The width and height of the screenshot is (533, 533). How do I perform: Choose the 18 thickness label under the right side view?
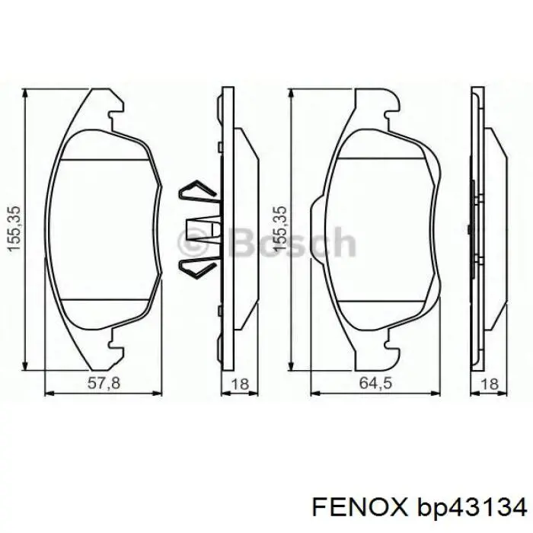click(490, 385)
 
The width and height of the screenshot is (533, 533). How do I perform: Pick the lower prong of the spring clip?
click(196, 267)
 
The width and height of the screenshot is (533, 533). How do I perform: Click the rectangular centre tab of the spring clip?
click(200, 231)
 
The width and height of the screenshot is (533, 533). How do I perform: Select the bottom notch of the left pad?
click(115, 342)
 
